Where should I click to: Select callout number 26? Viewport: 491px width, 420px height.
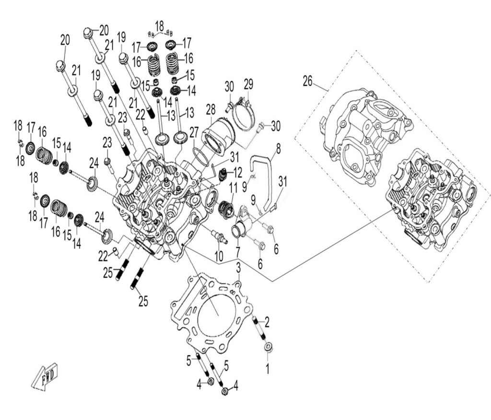tap(307, 82)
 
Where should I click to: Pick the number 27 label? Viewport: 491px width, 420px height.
tap(193, 131)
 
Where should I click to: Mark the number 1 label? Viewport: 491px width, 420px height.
tap(268, 369)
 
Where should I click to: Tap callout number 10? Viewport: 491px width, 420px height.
tap(219, 257)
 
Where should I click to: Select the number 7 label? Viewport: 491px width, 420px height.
tap(238, 250)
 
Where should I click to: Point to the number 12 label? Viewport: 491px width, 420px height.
tap(238, 172)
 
